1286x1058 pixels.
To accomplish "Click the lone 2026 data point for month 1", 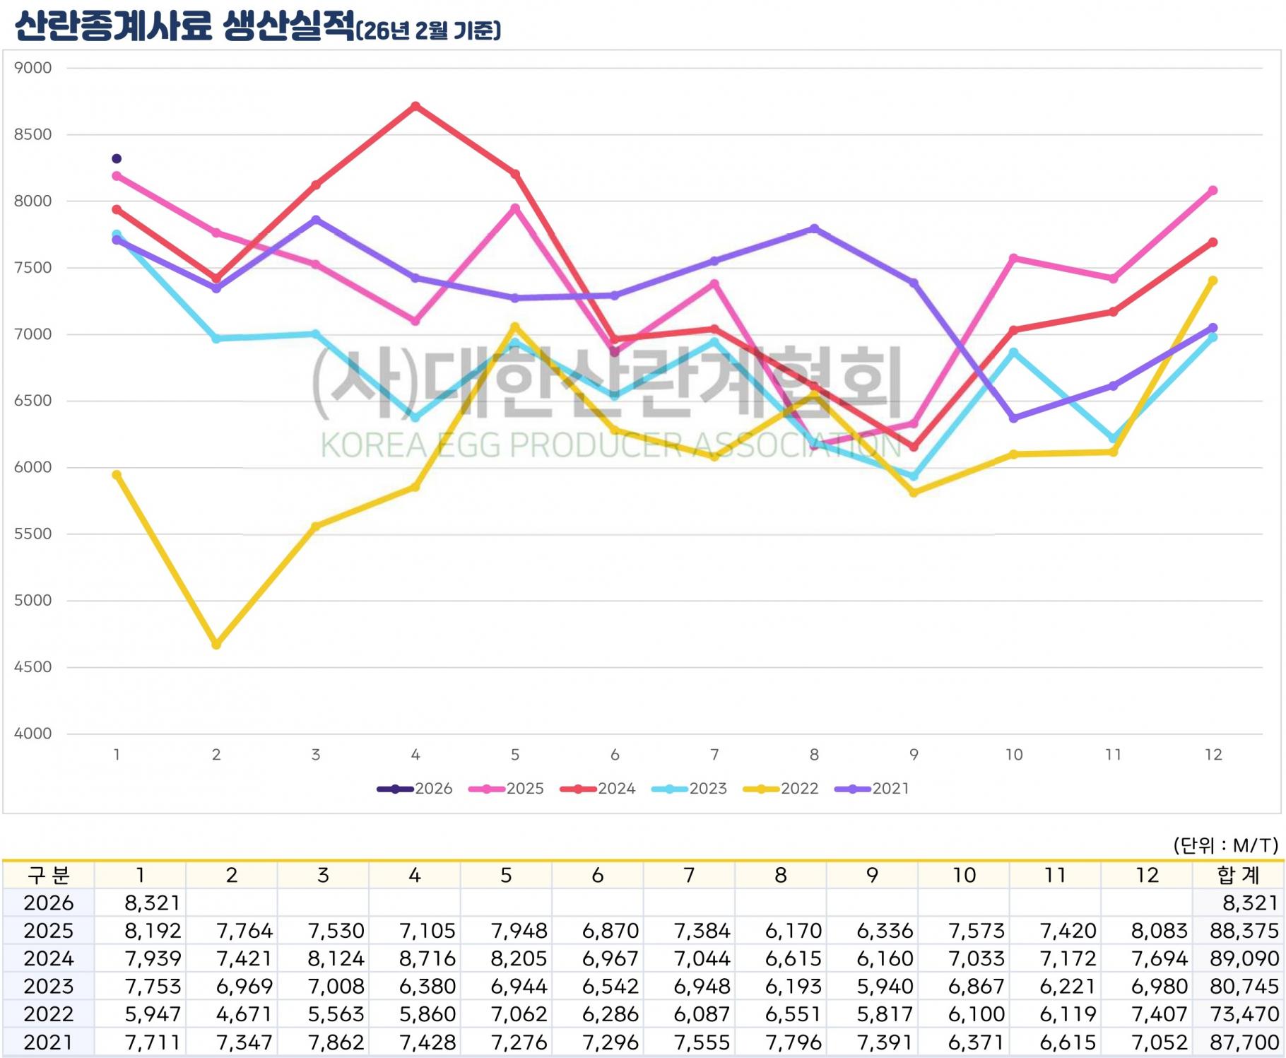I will coord(117,158).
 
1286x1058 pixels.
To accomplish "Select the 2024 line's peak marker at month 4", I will coord(415,106).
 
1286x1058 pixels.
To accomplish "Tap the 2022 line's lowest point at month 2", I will coord(216,645).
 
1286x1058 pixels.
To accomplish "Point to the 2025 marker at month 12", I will coord(1213,191).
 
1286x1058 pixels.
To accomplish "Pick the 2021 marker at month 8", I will coord(814,228).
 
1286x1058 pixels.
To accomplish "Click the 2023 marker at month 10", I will coord(1013,352).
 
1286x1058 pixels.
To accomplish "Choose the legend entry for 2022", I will coord(781,789).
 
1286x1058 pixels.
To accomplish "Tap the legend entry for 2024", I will coord(598,789).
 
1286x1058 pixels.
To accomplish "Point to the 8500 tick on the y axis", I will coord(33,134).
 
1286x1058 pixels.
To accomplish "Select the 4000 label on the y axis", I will coord(33,734).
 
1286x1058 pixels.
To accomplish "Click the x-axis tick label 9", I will coord(914,755).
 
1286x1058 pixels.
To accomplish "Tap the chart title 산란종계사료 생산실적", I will coord(184,28).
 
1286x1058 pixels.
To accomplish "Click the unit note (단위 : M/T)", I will coord(1225,845).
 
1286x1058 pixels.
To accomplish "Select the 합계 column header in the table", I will coord(1238,876).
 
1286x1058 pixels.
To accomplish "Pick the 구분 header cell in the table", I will coord(48,876).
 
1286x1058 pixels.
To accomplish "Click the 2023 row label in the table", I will coord(48,986).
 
